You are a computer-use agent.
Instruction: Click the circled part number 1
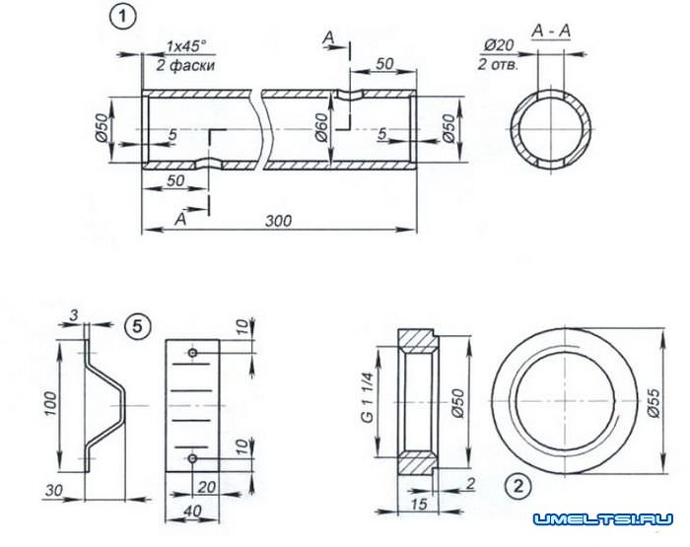(122, 19)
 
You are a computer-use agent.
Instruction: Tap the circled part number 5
(138, 326)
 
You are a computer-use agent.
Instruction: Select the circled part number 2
(518, 487)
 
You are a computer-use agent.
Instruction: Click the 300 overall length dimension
(278, 221)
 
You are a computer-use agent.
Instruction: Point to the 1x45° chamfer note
(185, 45)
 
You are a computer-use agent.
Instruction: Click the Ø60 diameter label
(321, 127)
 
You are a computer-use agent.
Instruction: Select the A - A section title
(551, 32)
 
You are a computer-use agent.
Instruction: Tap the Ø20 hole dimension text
(499, 45)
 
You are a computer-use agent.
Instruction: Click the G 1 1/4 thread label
(368, 398)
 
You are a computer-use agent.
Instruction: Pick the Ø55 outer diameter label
(654, 402)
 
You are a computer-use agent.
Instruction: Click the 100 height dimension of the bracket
(50, 403)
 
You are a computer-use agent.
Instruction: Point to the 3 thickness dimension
(74, 315)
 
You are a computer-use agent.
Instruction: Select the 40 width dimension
(192, 511)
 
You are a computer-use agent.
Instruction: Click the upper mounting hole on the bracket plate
(192, 353)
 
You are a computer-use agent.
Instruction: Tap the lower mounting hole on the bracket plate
(192, 458)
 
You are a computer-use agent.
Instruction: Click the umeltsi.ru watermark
(603, 519)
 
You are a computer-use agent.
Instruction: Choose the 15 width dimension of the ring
(419, 504)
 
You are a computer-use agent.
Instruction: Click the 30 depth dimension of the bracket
(53, 490)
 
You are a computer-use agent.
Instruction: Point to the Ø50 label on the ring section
(457, 403)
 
